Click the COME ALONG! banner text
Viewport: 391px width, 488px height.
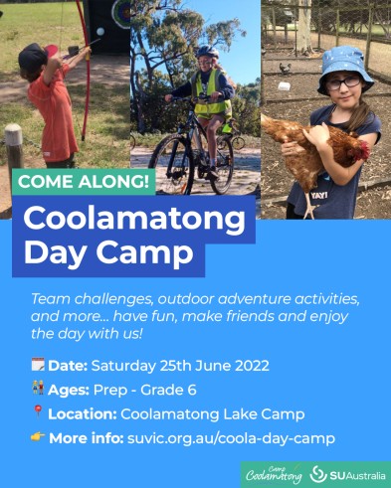[84, 182]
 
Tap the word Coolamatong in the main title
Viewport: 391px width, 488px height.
[134, 220]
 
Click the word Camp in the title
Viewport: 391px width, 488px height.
[144, 253]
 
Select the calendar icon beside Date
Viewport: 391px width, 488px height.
[38, 365]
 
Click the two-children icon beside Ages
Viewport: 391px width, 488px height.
[38, 388]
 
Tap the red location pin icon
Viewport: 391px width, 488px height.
[38, 412]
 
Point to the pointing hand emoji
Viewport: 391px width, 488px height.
[38, 437]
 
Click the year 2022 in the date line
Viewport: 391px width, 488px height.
[252, 366]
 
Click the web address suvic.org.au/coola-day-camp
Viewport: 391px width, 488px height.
[231, 438]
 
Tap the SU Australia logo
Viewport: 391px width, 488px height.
[347, 475]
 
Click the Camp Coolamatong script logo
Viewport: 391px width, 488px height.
[274, 475]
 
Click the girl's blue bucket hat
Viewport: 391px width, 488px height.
[345, 69]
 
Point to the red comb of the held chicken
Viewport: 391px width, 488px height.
[365, 149]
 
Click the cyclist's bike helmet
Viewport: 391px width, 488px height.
[207, 52]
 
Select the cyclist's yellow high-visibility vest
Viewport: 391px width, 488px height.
[211, 94]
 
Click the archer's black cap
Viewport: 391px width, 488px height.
[33, 57]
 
